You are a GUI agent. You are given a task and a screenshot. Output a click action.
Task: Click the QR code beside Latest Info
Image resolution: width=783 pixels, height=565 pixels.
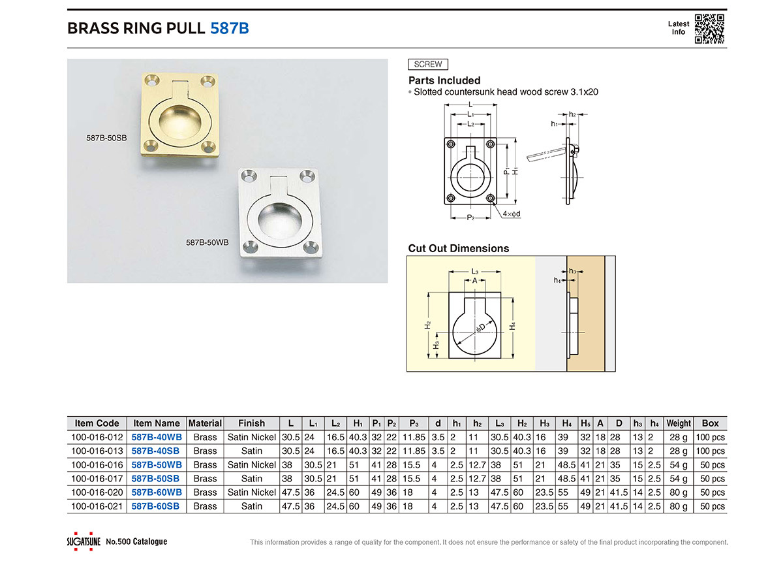pos(710,29)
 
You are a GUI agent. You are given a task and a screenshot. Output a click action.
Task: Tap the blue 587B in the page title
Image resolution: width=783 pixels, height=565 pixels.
pos(230,28)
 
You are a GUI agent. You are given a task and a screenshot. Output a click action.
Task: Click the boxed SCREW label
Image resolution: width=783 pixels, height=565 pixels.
pos(428,65)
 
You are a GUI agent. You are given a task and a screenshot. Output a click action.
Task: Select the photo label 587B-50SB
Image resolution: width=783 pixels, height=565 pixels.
pos(106,138)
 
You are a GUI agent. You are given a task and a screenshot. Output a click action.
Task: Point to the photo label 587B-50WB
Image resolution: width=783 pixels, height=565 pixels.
pos(207,242)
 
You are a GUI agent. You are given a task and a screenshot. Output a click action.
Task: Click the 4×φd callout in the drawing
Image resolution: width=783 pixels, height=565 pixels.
pos(512,214)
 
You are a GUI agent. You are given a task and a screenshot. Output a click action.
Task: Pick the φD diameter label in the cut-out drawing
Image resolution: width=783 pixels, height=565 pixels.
pos(480,328)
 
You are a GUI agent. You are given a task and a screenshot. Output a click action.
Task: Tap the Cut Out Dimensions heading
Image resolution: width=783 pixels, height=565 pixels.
pos(459,248)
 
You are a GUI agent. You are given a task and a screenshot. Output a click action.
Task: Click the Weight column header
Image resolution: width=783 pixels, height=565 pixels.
pos(679,423)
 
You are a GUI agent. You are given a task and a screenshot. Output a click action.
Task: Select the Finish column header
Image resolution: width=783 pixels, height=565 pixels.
pos(251,423)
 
